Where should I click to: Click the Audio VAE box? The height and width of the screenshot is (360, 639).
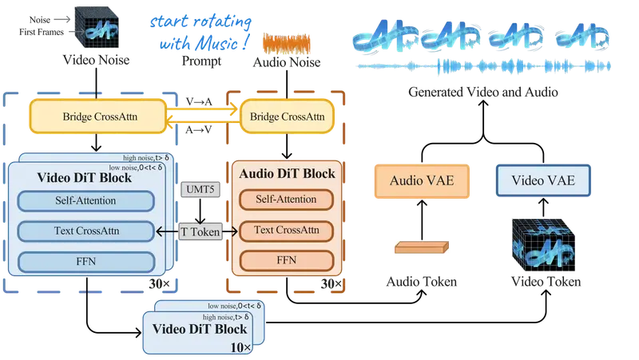pos(421,180)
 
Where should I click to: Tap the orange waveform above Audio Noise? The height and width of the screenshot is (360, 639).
pos(287,42)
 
